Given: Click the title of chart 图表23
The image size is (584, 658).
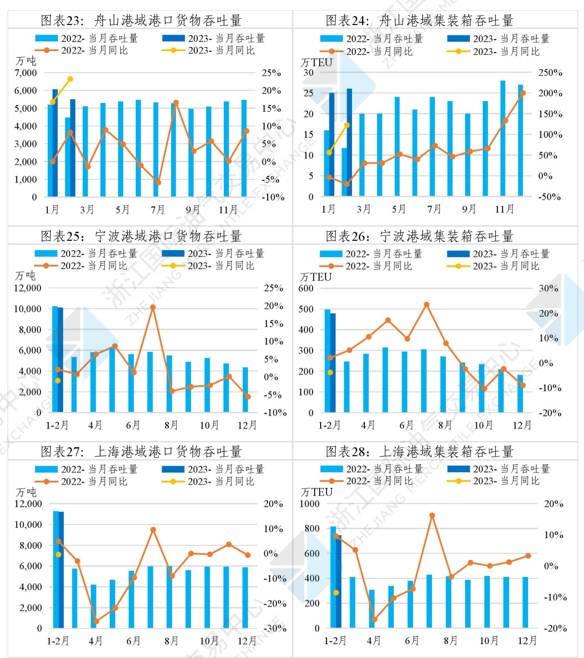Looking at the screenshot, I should (141, 20).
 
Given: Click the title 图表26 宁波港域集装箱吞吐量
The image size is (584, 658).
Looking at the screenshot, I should (419, 236).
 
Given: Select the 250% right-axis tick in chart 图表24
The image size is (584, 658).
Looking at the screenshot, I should (550, 73).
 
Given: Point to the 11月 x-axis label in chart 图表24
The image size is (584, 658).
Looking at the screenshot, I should (504, 209).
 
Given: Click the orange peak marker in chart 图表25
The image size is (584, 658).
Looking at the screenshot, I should (153, 307).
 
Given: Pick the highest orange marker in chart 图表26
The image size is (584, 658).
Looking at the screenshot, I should (427, 304).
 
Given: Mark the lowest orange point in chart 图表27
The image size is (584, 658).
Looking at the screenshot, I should (96, 621).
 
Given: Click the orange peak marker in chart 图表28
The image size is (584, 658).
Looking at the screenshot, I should (432, 515).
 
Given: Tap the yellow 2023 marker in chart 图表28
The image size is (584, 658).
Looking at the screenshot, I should (336, 592).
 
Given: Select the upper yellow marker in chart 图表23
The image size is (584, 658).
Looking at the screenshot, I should (70, 79).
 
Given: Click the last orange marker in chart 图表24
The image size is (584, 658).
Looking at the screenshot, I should (523, 93).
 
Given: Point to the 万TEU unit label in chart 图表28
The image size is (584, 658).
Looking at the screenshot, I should (316, 492).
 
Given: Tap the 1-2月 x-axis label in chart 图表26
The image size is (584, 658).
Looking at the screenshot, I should (329, 425).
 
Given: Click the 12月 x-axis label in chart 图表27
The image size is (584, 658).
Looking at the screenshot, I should (247, 641).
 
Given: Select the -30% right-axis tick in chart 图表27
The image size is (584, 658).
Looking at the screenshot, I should (274, 628).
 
